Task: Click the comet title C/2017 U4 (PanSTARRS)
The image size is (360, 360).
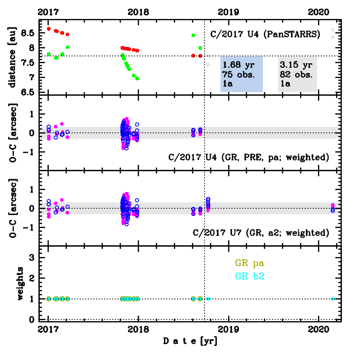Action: point(265,33)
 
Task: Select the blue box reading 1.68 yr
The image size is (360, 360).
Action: point(242,74)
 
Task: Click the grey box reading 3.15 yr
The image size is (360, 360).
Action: point(297,74)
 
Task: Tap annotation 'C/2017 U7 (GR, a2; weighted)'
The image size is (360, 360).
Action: point(261,233)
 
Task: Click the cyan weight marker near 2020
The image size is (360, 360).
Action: point(333,299)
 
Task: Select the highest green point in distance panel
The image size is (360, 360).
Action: point(193,35)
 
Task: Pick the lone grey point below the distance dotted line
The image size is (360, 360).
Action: point(208,65)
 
